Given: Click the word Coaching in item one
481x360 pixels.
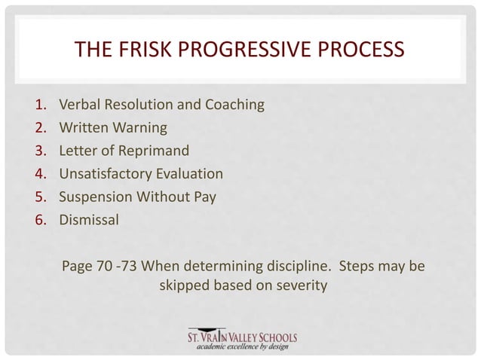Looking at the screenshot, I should (x=234, y=105).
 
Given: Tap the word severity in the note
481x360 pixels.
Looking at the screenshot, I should (x=297, y=286).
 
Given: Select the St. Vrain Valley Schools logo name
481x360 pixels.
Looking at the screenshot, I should (x=243, y=336).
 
